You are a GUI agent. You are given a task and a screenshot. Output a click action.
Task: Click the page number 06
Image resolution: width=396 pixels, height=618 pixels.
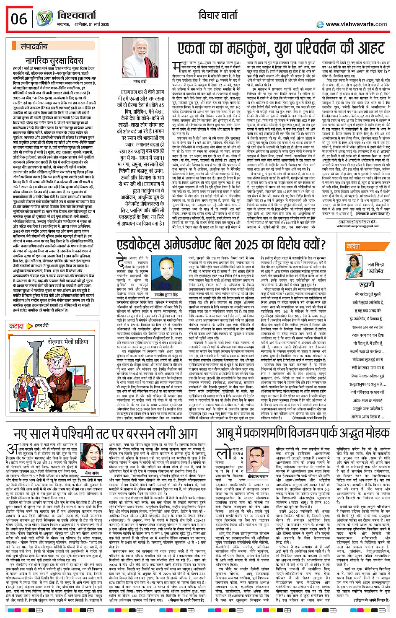tap(19, 19)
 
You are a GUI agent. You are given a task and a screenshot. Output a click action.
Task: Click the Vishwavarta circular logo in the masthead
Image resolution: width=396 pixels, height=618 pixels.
tap(44, 19)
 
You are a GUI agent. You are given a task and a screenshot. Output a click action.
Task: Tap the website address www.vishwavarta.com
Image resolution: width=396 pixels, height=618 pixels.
tap(356, 24)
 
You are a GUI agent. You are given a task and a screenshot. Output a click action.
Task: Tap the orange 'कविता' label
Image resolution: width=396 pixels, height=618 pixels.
tap(353, 247)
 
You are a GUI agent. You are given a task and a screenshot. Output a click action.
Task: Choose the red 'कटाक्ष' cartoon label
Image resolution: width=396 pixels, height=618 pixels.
tap(17, 326)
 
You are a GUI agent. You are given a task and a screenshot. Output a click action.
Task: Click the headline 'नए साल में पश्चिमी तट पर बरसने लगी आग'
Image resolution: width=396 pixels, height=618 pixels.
tap(106, 434)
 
